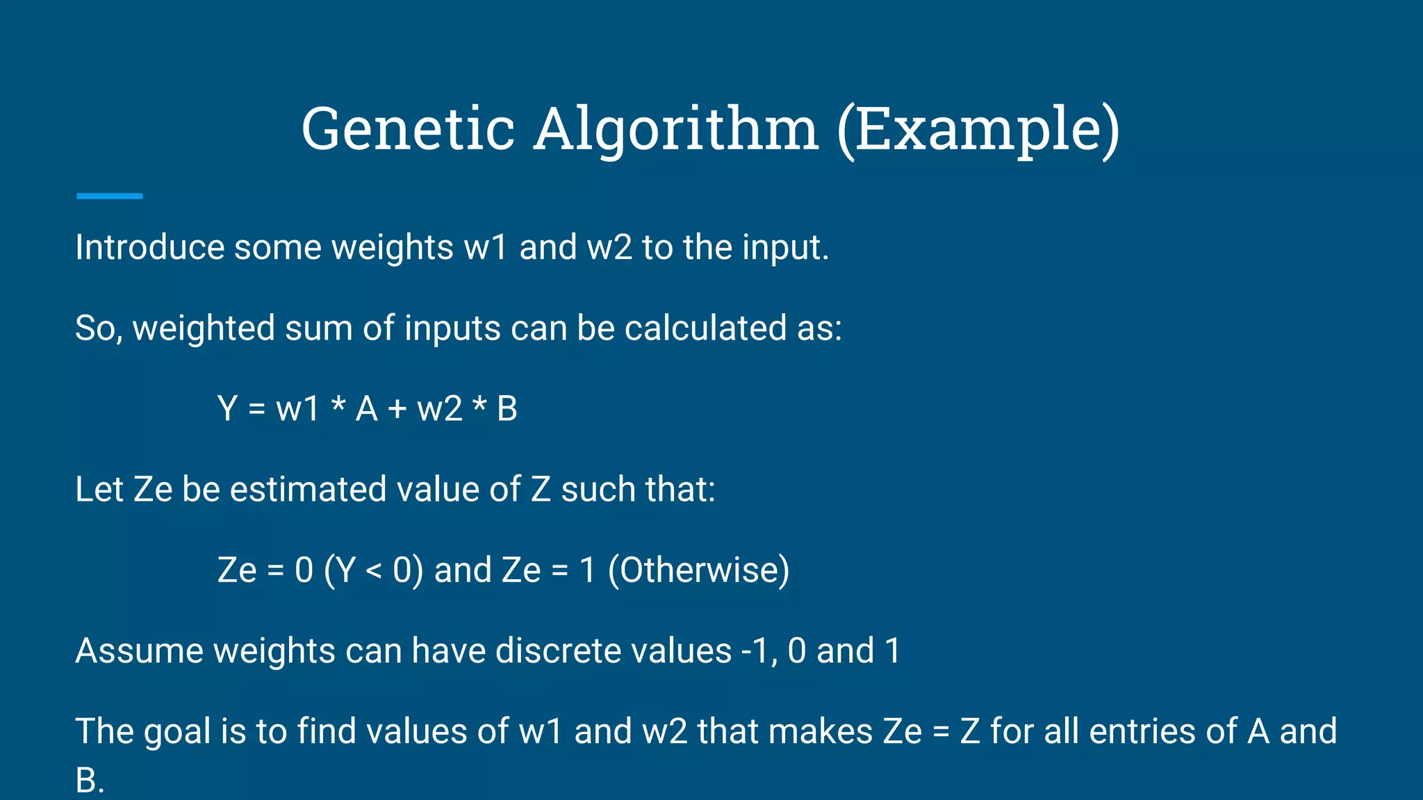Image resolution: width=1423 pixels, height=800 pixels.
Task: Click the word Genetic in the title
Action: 408,129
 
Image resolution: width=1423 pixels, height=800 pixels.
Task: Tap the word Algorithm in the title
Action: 676,129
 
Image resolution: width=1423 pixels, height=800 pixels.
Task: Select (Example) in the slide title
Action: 978,129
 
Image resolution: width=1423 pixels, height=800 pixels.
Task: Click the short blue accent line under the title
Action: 109,197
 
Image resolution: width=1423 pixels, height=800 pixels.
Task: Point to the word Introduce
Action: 149,247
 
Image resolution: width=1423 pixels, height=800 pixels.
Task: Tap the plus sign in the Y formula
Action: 397,409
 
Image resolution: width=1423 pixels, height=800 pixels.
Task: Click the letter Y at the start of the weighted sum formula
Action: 227,408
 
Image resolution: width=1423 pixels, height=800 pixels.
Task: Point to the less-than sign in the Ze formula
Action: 373,571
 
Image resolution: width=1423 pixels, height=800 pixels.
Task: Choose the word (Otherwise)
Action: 698,570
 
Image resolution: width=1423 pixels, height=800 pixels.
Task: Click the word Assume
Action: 139,651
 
